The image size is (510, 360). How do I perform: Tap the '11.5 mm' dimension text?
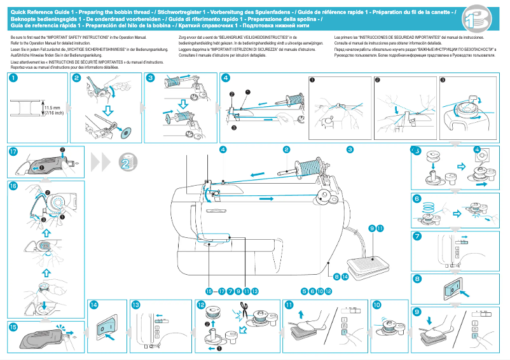(52, 108)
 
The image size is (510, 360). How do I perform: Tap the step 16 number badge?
(13, 186)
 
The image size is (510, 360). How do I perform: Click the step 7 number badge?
(417, 236)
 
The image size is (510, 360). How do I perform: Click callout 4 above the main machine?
(223, 149)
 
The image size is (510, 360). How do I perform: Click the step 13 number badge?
(135, 305)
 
